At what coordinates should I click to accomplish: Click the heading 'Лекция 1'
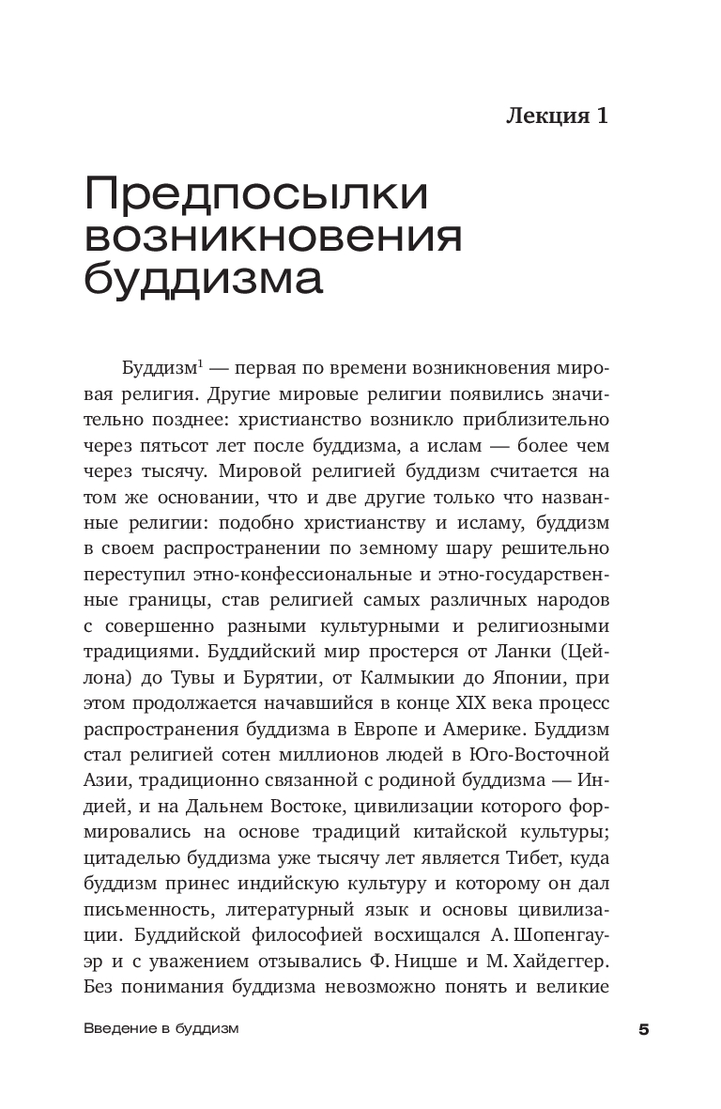558,116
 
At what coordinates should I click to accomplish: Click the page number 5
643,1029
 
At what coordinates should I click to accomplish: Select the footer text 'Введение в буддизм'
161,1028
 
